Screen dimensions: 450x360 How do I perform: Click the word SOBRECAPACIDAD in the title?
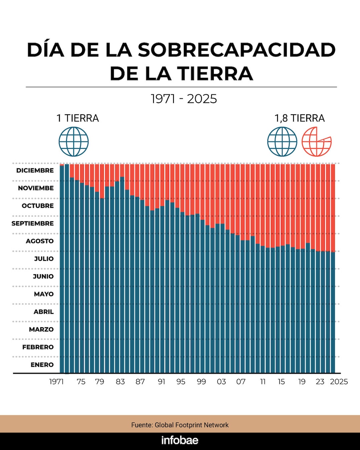tap(237, 50)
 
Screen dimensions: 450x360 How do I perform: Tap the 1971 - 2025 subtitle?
tap(184, 99)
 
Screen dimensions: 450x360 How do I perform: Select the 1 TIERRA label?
tap(78, 118)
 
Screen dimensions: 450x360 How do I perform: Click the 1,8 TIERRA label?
tap(299, 118)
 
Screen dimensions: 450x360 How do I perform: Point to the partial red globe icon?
tap(316, 142)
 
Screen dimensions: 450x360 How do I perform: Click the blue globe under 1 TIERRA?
tap(74, 142)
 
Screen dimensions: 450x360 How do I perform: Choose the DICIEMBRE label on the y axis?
tap(35, 171)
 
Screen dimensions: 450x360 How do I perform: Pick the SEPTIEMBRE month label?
tap(33, 224)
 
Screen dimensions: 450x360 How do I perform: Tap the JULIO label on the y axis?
tap(44, 259)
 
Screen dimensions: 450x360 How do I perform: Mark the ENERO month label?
tap(42, 365)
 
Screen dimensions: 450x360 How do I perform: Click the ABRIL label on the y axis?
tap(44, 312)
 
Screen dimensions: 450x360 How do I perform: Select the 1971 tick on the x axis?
tap(57, 382)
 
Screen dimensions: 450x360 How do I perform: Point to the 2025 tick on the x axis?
tap(339, 382)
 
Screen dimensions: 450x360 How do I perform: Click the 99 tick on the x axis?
tap(201, 382)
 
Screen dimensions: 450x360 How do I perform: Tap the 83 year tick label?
tap(120, 382)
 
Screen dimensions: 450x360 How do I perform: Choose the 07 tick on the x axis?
tap(241, 382)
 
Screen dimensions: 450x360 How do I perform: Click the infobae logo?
tap(180, 441)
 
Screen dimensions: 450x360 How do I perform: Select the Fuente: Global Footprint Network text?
tap(180, 425)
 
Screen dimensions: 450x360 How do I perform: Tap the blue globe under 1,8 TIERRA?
tap(282, 142)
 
